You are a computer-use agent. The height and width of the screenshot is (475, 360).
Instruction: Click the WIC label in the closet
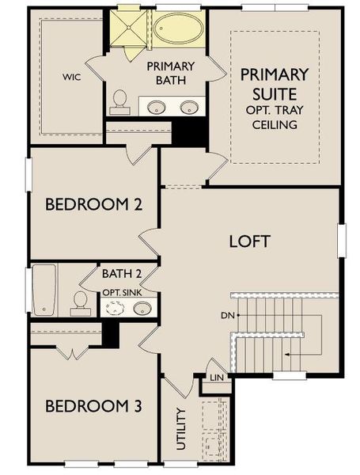pos(72,78)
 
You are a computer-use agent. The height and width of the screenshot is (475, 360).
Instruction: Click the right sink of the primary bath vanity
pos(188,107)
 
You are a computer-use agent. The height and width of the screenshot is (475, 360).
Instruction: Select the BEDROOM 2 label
pos(93,205)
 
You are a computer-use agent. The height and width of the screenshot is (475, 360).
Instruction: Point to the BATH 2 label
pos(122,274)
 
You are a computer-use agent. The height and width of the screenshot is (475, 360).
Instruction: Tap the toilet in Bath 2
pos(81,300)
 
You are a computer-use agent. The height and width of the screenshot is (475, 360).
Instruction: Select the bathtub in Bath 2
pos(44,289)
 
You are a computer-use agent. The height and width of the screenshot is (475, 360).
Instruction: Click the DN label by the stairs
pos(226,315)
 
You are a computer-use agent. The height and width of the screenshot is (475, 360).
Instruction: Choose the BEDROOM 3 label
pos(93,407)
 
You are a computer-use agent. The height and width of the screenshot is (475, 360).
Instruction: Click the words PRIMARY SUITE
pos(274,85)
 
